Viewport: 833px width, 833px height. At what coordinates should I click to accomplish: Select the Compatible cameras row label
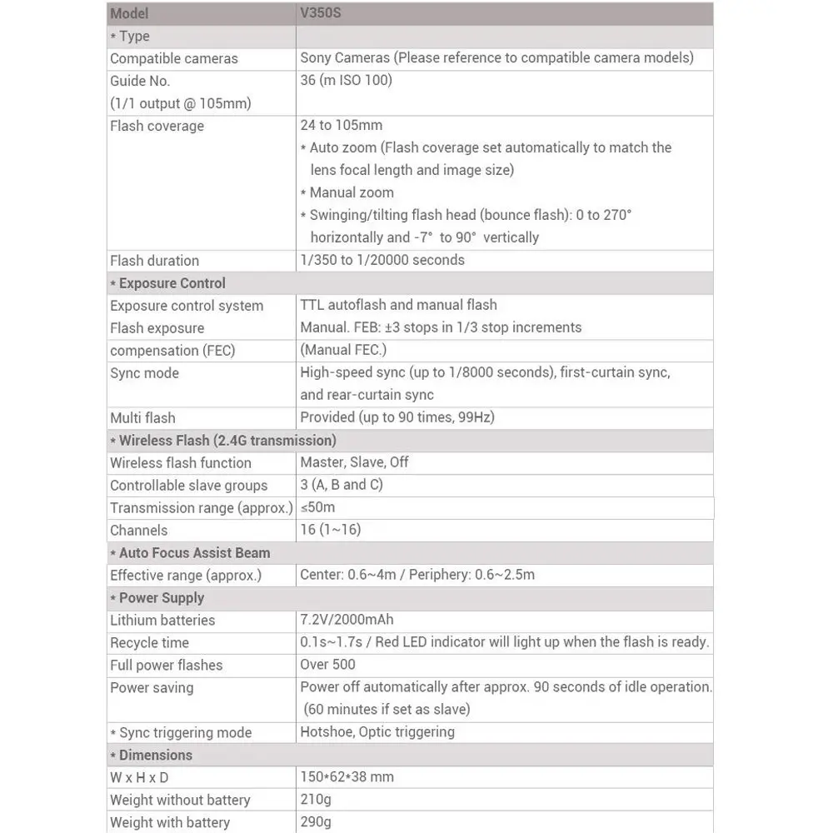click(173, 58)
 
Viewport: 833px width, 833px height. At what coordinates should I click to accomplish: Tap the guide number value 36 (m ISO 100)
click(346, 81)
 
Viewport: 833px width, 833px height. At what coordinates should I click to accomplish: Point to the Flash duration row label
click(154, 261)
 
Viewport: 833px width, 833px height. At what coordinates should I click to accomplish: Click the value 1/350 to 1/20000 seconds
click(382, 260)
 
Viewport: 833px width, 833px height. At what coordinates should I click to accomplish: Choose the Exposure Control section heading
click(172, 283)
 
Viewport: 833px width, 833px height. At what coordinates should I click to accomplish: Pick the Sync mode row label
click(144, 373)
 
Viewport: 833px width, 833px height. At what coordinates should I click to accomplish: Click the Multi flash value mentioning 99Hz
click(403, 418)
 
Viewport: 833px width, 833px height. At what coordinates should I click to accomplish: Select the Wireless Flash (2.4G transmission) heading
click(227, 441)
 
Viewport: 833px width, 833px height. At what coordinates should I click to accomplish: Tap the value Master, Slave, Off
click(354, 462)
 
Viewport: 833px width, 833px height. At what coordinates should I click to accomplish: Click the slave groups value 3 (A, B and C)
click(342, 485)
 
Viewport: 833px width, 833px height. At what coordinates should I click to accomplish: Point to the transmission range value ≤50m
click(317, 507)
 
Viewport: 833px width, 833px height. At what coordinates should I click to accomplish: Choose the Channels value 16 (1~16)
click(330, 530)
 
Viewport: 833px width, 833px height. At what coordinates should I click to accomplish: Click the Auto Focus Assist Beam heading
click(194, 552)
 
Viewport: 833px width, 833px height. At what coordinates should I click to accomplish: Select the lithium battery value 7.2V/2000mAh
click(347, 620)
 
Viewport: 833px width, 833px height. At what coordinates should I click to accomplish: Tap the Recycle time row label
click(149, 643)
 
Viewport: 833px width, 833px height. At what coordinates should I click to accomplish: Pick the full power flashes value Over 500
click(327, 665)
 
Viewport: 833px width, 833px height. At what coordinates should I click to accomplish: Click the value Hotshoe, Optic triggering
click(377, 732)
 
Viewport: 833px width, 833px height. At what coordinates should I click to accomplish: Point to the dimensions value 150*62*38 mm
click(347, 777)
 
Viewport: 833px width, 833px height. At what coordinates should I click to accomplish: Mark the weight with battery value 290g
click(316, 822)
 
